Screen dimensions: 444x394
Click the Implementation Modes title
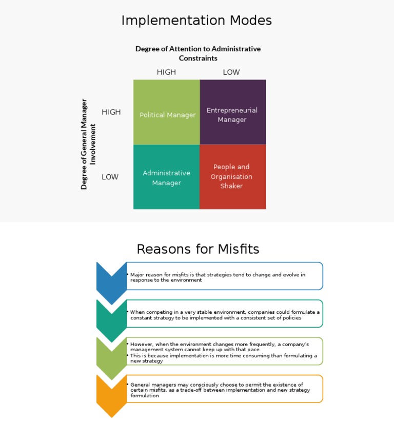coord(196,21)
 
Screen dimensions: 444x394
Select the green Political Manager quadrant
coord(167,112)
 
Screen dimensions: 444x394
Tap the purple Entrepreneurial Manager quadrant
coord(232,112)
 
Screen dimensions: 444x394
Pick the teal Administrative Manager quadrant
coord(167,177)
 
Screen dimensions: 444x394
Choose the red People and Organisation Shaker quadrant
coord(232,177)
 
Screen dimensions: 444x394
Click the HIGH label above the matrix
coord(166,72)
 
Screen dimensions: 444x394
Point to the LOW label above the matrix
coord(231,72)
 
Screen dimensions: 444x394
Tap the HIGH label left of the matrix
coord(111,112)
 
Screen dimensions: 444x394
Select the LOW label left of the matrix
coord(110,177)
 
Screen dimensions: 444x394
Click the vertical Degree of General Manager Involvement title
coord(88,144)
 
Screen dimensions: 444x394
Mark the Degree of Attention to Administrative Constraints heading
coord(198,53)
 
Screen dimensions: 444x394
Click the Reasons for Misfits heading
coord(198,249)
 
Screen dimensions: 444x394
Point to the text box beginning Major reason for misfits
coord(224,277)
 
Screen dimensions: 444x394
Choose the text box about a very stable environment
coord(224,314)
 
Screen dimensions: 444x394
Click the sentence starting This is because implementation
coord(223,358)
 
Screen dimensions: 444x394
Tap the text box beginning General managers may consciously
coord(224,390)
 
